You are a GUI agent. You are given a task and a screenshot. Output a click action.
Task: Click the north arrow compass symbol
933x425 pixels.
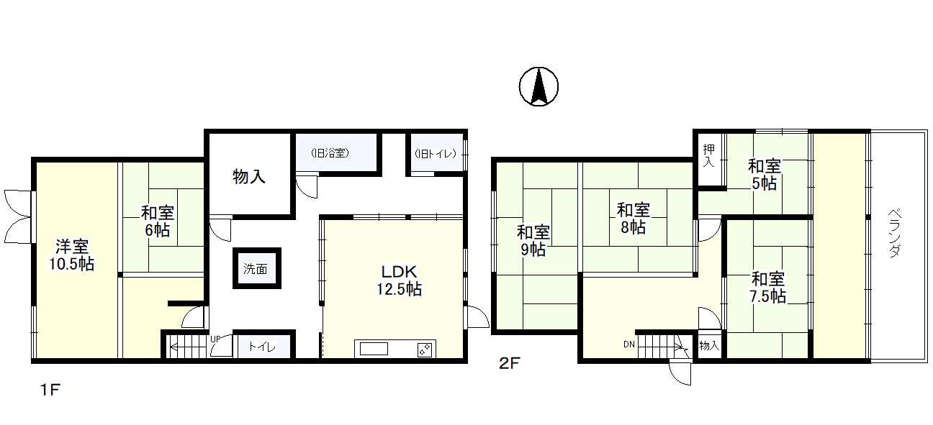(x=538, y=86)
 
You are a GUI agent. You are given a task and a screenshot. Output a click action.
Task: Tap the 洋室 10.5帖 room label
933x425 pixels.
(x=72, y=255)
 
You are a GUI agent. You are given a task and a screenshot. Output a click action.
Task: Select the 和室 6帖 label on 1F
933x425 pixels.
(x=158, y=221)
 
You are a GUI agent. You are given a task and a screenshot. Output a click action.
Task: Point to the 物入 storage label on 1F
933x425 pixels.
(x=248, y=176)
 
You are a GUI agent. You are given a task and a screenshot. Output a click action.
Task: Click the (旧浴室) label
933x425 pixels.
(x=330, y=153)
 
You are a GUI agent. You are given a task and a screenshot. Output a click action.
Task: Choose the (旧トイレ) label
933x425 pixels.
(x=436, y=154)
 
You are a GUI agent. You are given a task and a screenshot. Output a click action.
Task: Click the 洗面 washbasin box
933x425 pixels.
(x=256, y=268)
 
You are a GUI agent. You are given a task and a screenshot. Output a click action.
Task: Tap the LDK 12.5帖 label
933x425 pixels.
(x=399, y=280)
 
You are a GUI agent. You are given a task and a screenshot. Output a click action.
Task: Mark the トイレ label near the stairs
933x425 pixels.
(x=262, y=347)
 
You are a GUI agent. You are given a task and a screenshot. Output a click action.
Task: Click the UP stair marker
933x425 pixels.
(x=215, y=339)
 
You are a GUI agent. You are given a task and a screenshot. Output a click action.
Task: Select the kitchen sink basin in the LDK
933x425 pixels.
(x=374, y=349)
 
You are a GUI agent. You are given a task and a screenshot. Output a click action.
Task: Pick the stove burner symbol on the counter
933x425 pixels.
(x=425, y=349)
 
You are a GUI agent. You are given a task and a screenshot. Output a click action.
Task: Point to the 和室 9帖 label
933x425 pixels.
(x=533, y=241)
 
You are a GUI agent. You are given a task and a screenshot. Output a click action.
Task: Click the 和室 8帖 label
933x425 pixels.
(x=633, y=219)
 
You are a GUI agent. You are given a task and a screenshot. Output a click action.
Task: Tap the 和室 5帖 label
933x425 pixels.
(x=765, y=175)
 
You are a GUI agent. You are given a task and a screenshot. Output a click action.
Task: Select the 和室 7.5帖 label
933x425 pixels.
(x=767, y=287)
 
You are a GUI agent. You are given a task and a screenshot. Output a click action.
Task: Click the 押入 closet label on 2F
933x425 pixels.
(x=708, y=155)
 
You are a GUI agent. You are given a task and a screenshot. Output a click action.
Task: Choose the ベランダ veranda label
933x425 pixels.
(x=895, y=232)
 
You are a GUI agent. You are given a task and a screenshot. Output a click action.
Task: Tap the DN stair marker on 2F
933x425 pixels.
(x=629, y=344)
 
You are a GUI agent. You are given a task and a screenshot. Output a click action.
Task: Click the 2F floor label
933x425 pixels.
(x=510, y=363)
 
